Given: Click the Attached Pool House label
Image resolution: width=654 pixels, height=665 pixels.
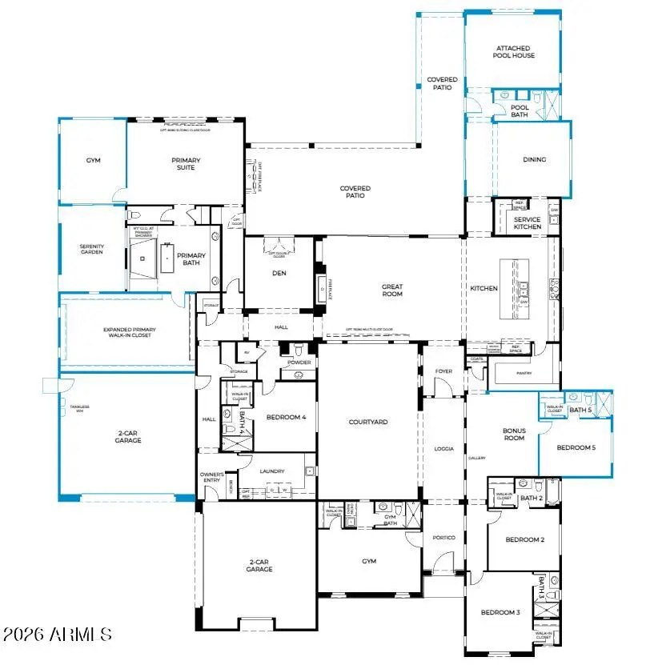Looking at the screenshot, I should [x=513, y=52].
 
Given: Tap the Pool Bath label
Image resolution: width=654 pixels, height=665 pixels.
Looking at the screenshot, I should [x=520, y=110].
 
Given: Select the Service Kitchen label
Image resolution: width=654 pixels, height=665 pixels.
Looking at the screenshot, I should [x=527, y=223].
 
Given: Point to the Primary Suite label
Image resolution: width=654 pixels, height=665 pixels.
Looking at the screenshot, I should [x=186, y=164].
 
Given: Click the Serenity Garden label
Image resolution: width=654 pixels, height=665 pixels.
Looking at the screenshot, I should [x=91, y=250].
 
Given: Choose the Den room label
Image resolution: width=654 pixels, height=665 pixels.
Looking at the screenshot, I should [x=279, y=272].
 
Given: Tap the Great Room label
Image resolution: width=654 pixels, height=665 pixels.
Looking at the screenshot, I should [x=392, y=290].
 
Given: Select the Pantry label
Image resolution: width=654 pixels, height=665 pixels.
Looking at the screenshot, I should [x=524, y=373].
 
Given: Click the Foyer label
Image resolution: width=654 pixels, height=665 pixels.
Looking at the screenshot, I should [x=443, y=371].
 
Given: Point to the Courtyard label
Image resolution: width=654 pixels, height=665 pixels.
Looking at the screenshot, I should [x=368, y=422].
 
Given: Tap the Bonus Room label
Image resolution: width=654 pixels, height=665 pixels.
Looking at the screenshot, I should [x=514, y=435].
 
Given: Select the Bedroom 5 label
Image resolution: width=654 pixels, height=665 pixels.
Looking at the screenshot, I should [x=576, y=447].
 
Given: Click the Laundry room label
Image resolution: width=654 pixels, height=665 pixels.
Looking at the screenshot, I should [x=272, y=471].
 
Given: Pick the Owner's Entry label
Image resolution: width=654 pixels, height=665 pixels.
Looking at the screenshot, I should [x=212, y=478].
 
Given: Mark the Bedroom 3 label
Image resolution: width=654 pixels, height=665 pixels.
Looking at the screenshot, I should [x=500, y=612].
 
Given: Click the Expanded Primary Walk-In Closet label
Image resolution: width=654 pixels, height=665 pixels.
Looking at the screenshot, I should [x=129, y=332].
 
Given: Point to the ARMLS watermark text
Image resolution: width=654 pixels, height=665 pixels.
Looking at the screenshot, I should [x=57, y=635].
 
